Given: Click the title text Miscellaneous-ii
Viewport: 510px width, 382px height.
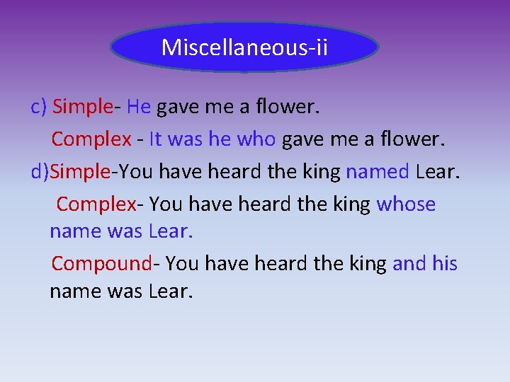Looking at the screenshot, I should click(x=244, y=47).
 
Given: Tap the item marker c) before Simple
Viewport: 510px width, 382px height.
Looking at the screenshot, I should click(x=39, y=107).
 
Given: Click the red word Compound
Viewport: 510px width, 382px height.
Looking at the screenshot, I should click(x=101, y=264).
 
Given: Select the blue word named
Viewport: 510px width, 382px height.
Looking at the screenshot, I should click(x=378, y=171).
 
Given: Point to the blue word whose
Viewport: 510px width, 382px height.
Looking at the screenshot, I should click(x=406, y=204).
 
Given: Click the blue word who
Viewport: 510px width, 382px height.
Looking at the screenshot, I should click(x=256, y=139).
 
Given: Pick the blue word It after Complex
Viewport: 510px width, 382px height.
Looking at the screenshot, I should click(x=156, y=139).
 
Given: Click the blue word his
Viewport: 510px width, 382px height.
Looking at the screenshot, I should click(x=445, y=264).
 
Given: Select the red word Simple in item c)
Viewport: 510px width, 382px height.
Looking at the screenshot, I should click(x=83, y=107).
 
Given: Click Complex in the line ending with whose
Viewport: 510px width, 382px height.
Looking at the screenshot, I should click(x=96, y=204).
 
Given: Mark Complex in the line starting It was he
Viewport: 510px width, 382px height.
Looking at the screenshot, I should click(x=91, y=139).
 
